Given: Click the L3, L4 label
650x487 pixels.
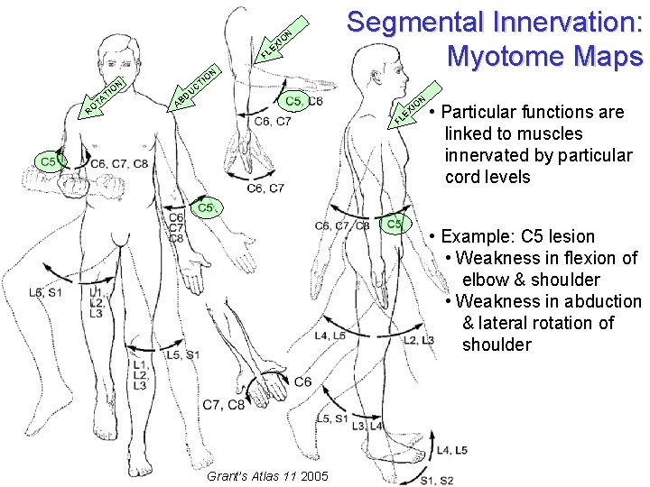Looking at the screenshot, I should point(369,426).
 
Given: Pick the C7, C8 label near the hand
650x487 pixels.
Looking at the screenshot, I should point(224,405).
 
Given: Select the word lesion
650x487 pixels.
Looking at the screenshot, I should point(570,236).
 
